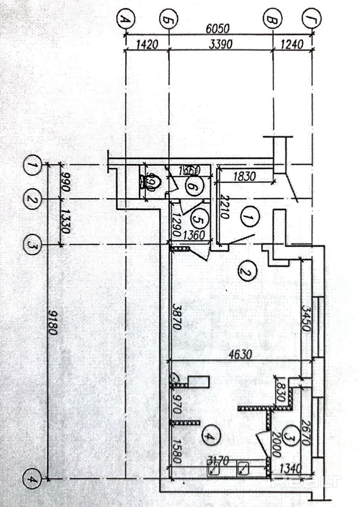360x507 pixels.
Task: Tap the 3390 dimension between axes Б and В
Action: [x=220, y=44]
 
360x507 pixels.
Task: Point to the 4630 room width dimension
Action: [x=240, y=355]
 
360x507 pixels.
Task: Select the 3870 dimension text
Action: [x=176, y=317]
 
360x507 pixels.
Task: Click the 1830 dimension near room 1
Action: [x=245, y=175]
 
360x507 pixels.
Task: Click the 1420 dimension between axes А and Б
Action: [x=147, y=44]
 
